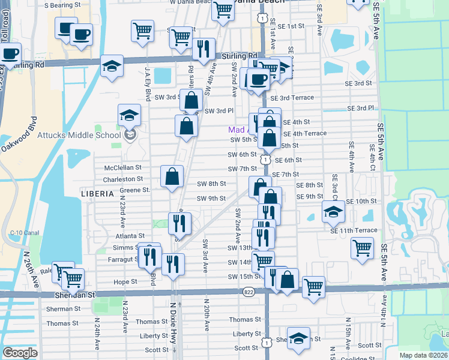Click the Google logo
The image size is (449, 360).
click(x=20, y=352)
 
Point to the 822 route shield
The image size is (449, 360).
click(x=249, y=292)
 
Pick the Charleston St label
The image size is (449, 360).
click(x=123, y=179)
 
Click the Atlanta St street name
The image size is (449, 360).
click(x=132, y=236)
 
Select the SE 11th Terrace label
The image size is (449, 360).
click(x=354, y=230)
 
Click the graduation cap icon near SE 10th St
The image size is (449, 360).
click(x=333, y=211)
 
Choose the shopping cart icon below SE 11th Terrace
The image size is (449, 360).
click(x=362, y=247)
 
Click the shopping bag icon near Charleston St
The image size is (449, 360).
click(x=172, y=176)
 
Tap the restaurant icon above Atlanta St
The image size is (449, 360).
click(x=179, y=223)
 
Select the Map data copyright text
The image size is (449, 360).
click(x=423, y=355)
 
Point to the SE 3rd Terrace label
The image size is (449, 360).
click(x=292, y=98)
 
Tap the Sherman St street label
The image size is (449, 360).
click(x=64, y=308)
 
